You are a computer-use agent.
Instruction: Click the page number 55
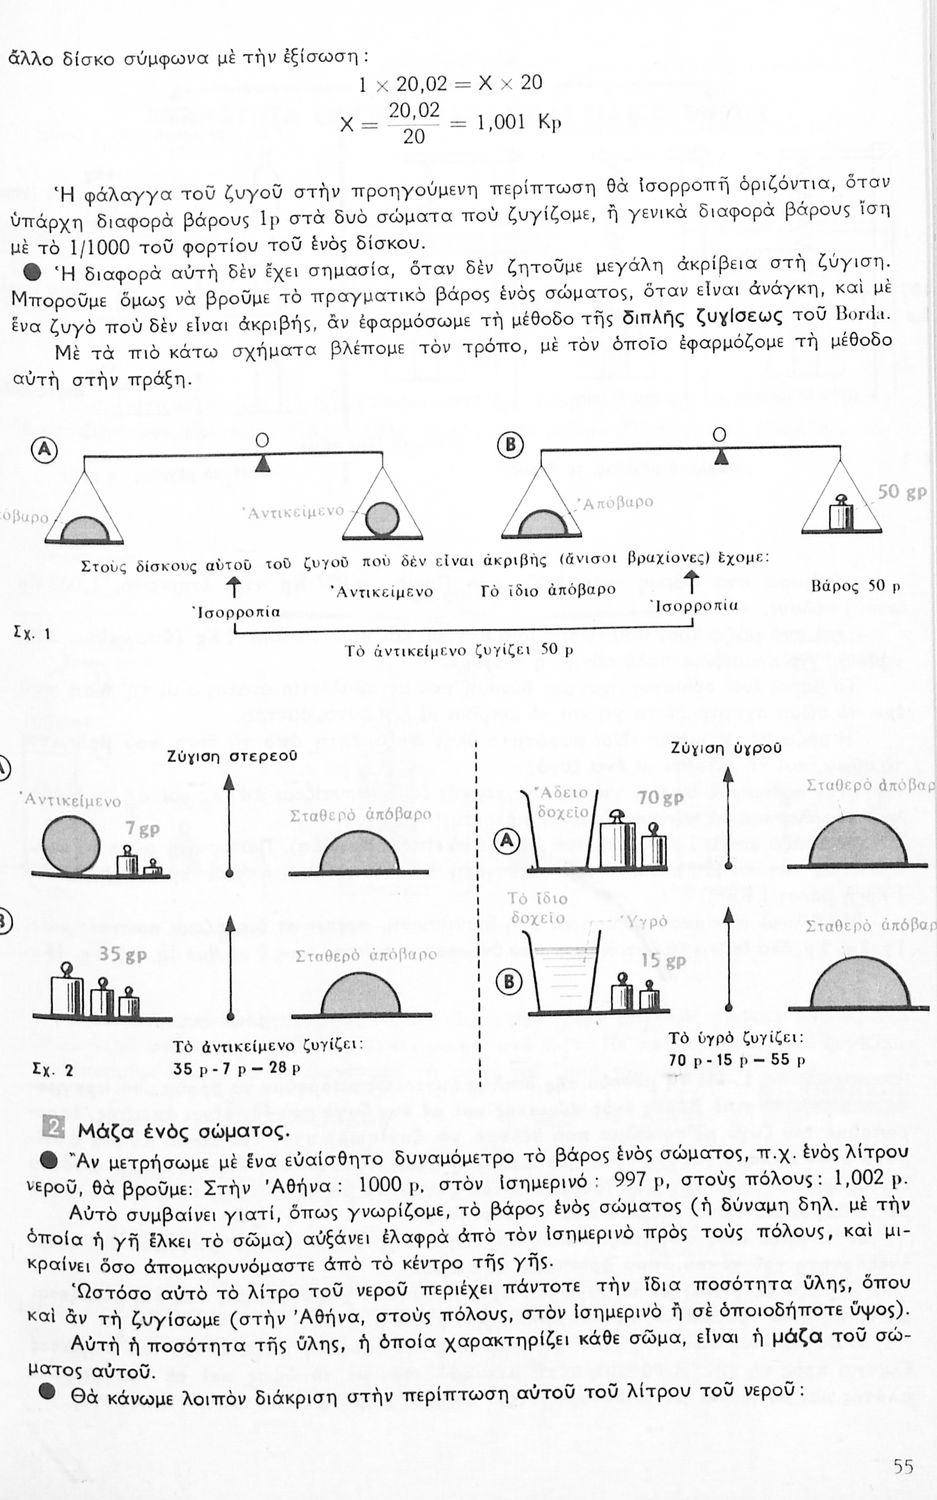[x=902, y=1467]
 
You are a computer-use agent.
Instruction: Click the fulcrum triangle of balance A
[x=262, y=462]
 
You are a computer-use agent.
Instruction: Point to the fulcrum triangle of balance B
[x=721, y=457]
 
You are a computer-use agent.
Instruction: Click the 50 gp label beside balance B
[x=901, y=492]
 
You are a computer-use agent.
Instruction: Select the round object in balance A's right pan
[x=381, y=520]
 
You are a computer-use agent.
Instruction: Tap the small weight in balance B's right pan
[x=840, y=512]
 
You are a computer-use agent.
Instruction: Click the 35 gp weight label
[x=123, y=955]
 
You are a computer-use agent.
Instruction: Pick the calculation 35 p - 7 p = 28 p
[x=237, y=1068]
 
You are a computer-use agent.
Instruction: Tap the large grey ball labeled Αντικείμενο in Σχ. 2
[x=72, y=843]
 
